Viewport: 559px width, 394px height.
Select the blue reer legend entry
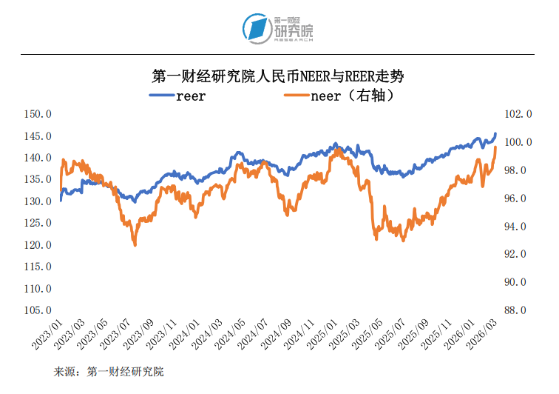[178, 96]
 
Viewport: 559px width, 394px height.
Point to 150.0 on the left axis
[38, 115]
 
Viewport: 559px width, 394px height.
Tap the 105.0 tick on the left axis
[38, 310]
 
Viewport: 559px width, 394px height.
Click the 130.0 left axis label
[38, 201]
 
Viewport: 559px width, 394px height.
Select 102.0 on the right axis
[518, 115]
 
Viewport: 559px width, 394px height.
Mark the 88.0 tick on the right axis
[518, 310]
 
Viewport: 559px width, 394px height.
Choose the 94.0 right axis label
[518, 227]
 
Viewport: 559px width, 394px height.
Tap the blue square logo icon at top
[257, 28]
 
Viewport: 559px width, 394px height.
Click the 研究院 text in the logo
[294, 32]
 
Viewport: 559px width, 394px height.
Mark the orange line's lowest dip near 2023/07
[135, 244]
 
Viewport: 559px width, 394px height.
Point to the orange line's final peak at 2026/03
[495, 147]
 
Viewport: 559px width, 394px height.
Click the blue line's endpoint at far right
[495, 134]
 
